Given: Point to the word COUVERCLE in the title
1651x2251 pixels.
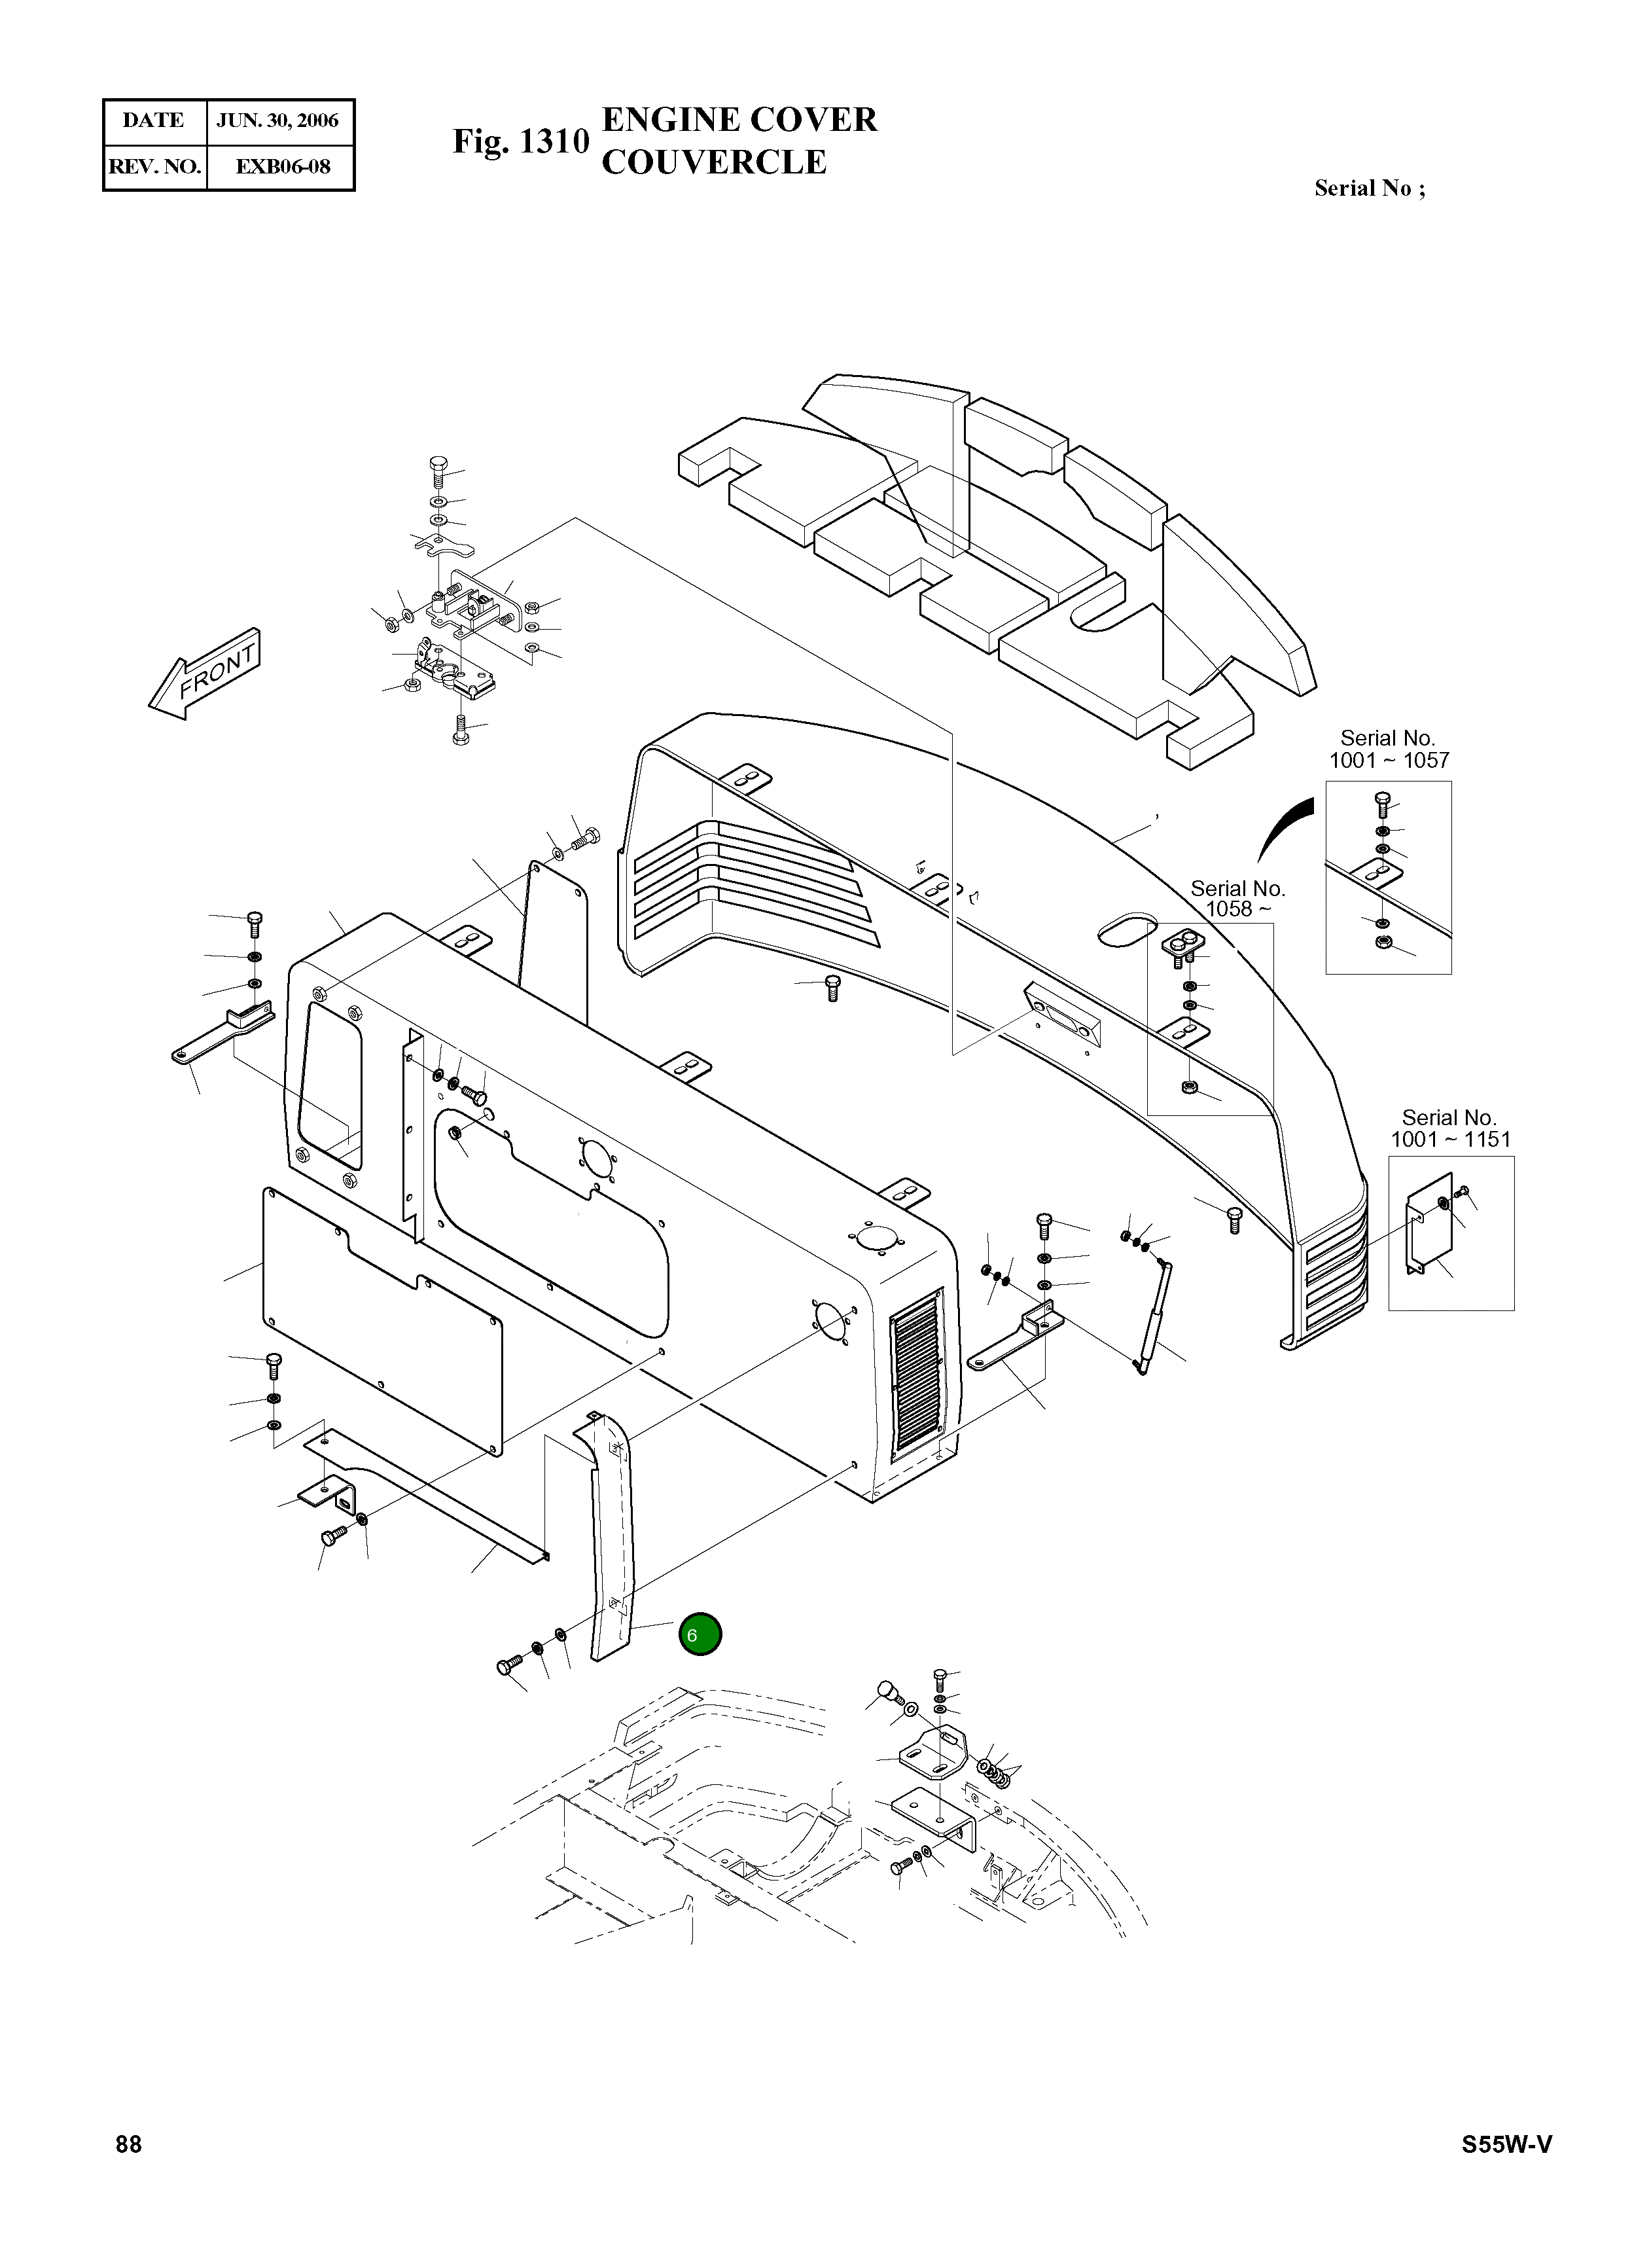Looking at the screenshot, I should pos(713,162).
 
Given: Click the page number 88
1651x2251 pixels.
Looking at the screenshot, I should pos(129,2144).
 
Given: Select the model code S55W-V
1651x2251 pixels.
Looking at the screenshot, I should pos(1506,2144).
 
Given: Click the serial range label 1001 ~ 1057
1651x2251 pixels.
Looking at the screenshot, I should pos(1388,761).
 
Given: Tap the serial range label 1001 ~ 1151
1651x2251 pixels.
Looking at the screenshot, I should pos(1450,1140).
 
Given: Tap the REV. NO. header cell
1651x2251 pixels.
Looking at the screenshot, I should pos(154,166).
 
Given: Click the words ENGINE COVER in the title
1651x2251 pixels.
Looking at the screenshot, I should pos(739,120).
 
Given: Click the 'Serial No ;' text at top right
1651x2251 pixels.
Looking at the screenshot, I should pos(1369,188).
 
